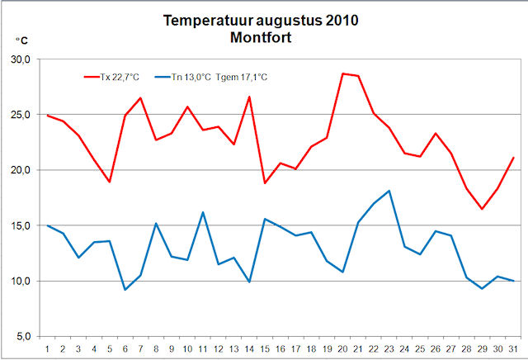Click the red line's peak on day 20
tap(342, 73)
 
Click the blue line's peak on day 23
tap(389, 191)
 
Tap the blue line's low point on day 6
tap(125, 289)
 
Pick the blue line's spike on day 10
tap(203, 212)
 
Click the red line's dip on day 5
tap(110, 182)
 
